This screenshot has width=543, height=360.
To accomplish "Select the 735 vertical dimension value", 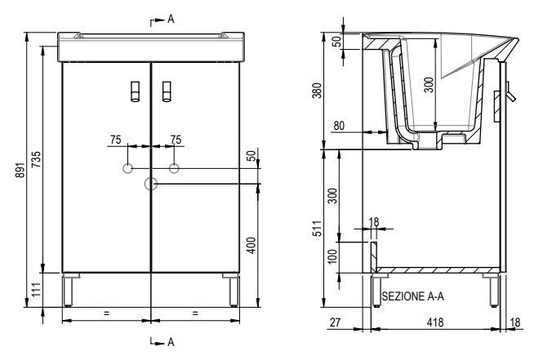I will click(35, 162).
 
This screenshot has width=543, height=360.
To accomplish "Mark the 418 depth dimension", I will click(434, 323).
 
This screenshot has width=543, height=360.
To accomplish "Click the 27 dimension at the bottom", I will click(336, 323).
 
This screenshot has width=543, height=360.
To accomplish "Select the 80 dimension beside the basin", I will click(339, 126).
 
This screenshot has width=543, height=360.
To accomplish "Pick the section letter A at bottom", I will click(171, 340).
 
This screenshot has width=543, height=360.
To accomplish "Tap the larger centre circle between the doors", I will click(150, 184).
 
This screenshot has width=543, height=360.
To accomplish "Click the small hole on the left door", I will click(127, 168).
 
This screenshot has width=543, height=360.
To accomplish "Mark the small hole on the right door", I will click(174, 168).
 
